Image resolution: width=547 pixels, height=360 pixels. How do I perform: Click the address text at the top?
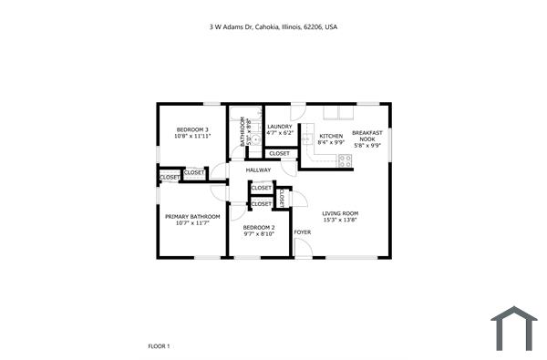[273, 27]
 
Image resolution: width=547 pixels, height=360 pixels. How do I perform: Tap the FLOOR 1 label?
[159, 346]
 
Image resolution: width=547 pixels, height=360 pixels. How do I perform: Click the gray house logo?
[514, 328]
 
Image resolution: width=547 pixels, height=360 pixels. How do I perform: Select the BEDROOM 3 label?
[192, 130]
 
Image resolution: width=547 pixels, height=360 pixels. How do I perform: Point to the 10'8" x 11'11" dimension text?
[192, 138]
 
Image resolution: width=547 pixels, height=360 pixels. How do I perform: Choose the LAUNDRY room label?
[279, 127]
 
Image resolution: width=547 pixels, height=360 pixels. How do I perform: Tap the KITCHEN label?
[331, 136]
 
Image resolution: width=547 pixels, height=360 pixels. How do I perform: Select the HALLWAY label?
[259, 170]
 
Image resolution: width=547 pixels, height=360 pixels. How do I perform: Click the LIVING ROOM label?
[339, 213]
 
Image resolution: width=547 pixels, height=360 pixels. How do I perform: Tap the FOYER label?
[302, 232]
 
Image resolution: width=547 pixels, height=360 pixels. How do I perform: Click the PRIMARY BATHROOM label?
[191, 217]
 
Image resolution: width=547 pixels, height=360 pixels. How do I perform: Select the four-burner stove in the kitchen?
[346, 160]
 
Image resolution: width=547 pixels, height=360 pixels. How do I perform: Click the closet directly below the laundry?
[279, 153]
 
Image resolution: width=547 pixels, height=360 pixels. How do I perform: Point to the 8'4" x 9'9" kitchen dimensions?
[331, 143]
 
